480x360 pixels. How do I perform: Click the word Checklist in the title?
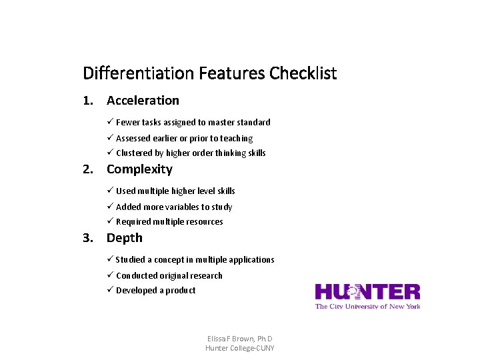tap(303, 73)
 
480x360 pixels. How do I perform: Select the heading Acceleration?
tap(143, 101)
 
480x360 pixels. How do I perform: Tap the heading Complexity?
tap(139, 169)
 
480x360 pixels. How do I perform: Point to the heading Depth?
tap(125, 238)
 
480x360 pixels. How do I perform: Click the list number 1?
tap(87, 101)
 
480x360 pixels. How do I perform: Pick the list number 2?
tap(87, 169)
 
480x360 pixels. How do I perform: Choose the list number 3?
tap(87, 238)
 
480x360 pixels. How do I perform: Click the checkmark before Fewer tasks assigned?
tap(110, 122)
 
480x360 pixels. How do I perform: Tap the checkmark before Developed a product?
tap(110, 290)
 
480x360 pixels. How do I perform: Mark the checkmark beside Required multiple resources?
tap(110, 221)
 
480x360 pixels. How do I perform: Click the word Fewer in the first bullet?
tap(127, 123)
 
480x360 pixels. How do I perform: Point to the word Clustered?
tap(135, 153)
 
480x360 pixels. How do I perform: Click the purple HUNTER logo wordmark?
tap(367, 292)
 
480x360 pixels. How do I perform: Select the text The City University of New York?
tap(367, 307)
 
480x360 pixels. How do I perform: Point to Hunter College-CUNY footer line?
tap(239, 348)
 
